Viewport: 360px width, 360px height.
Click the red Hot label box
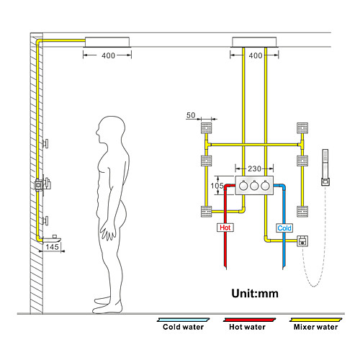click(x=225, y=228)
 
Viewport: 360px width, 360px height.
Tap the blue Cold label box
click(x=284, y=228)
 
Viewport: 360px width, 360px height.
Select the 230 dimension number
click(x=254, y=168)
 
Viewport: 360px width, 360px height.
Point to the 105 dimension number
click(x=217, y=186)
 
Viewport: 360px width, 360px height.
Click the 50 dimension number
click(x=191, y=115)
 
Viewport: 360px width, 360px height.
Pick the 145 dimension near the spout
click(x=52, y=247)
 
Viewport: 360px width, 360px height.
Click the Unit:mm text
click(x=255, y=294)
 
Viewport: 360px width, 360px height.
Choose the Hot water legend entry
click(x=248, y=325)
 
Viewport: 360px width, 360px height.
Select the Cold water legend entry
click(x=183, y=325)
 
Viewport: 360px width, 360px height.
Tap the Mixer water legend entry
click(x=315, y=325)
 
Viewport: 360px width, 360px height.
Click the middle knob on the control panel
click(x=254, y=186)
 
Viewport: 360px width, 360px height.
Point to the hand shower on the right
click(x=325, y=167)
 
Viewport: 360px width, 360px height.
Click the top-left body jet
click(x=207, y=128)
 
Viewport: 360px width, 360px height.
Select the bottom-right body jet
click(x=302, y=212)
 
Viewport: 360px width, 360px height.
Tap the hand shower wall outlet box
click(x=302, y=241)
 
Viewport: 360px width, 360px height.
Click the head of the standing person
click(x=111, y=130)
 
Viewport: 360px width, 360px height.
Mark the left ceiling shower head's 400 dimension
click(x=108, y=55)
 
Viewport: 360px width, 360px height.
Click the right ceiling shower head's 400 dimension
click(x=256, y=55)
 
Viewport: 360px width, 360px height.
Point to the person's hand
click(x=108, y=232)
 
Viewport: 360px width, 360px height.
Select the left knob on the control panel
click(x=243, y=186)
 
